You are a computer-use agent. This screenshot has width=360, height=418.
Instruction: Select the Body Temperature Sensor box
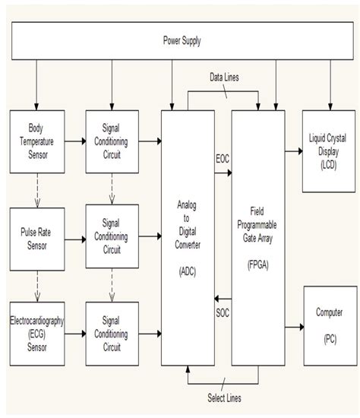click(x=36, y=142)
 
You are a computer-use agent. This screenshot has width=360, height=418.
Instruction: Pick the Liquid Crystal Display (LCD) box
click(x=329, y=150)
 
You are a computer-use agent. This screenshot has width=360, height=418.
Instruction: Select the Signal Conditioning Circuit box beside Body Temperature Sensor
click(x=112, y=142)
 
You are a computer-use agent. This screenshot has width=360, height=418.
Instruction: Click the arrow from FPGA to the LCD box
click(x=292, y=150)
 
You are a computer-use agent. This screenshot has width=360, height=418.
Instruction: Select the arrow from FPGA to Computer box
click(x=292, y=328)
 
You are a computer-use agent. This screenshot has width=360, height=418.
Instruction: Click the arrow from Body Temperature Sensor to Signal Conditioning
click(x=74, y=142)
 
